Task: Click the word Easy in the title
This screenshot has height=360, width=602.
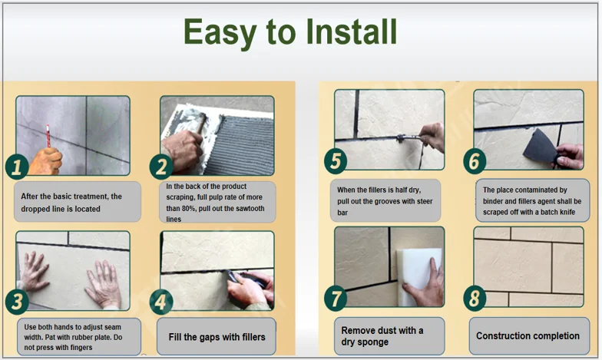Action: (x=220, y=34)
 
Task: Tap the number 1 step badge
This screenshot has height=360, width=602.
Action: (x=17, y=167)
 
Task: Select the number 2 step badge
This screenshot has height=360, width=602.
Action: (x=161, y=167)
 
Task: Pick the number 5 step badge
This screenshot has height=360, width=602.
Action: (x=336, y=161)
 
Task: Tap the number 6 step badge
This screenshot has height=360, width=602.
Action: (x=475, y=161)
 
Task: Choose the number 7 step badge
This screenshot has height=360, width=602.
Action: (x=336, y=299)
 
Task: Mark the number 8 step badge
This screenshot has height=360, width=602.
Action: (x=475, y=299)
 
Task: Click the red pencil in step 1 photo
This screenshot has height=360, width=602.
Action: (x=48, y=136)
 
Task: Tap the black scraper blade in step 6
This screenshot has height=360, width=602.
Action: (x=540, y=147)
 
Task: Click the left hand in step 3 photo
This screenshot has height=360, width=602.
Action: (x=35, y=270)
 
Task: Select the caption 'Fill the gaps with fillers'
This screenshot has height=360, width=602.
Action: (x=217, y=337)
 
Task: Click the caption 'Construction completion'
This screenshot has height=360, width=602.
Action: (x=528, y=336)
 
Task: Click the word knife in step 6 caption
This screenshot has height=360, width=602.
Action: (x=566, y=212)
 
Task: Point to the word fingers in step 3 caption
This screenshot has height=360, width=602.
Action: (x=81, y=348)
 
